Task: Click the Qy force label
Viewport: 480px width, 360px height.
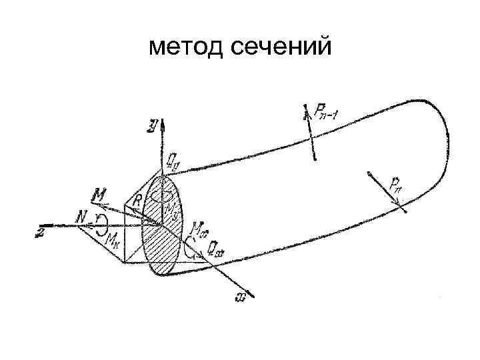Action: point(172,160)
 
